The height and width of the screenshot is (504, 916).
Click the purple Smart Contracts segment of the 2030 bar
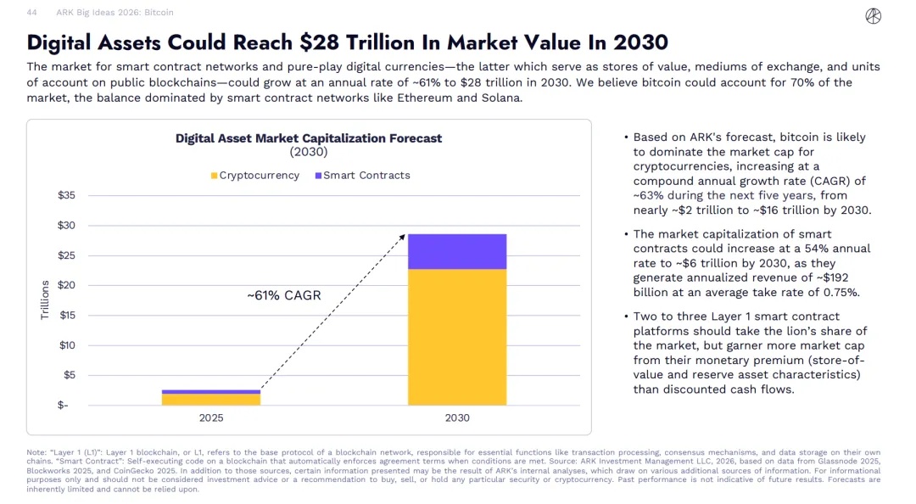457,251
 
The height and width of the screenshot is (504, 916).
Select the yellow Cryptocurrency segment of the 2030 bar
457,337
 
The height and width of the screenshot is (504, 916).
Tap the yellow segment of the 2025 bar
211,399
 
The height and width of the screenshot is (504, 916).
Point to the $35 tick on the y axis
65,195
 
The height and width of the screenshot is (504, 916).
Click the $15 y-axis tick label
65,316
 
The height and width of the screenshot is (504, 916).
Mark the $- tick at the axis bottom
64,405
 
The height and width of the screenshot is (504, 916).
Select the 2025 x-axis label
211,417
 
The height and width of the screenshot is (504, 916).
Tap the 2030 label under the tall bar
457,417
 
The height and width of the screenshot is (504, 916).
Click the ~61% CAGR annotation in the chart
284,296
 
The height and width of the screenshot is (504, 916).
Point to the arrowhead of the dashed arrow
404,237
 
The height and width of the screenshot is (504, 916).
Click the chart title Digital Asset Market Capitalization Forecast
309,138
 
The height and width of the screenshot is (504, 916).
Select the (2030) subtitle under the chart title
309,153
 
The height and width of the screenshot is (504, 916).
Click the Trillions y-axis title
45,300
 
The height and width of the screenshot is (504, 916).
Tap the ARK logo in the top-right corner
873,15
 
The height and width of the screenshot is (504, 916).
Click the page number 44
31,13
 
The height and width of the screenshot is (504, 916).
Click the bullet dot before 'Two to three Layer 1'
625,316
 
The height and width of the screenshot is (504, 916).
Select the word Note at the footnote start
36,452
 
